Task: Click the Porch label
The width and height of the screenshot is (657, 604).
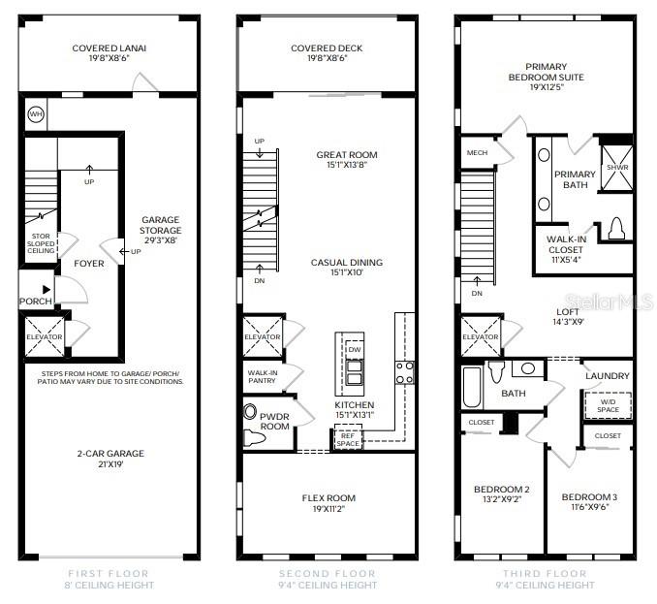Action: (x=36, y=301)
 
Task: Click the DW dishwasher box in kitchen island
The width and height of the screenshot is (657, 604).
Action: (x=353, y=350)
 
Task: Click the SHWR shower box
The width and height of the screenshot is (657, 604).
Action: (x=616, y=167)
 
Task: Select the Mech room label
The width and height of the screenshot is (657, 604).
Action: (x=477, y=152)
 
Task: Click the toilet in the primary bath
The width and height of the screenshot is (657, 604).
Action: (x=614, y=230)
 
